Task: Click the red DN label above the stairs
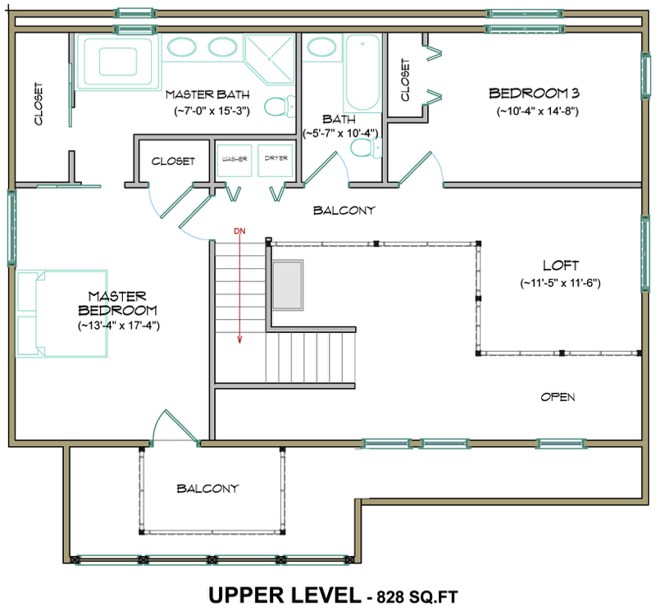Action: point(239,231)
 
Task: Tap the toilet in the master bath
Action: point(278,105)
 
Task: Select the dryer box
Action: point(275,159)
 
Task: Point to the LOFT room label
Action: point(561,266)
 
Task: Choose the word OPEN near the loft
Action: point(558,398)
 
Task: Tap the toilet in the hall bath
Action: point(362,148)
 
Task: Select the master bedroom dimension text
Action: point(116,326)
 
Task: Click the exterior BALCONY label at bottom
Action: point(207,489)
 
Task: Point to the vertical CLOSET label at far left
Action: point(39,105)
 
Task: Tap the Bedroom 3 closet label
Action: point(405,80)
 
